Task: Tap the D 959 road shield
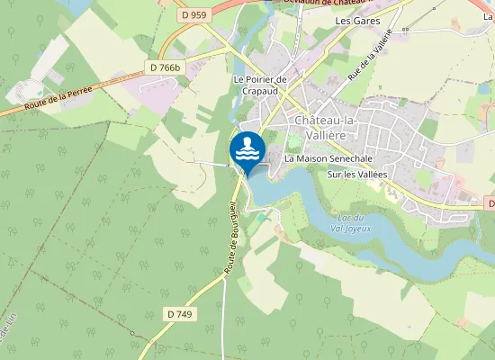tap(193, 14)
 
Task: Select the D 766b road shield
tap(165, 67)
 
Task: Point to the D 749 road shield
tap(181, 313)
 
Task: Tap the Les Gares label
tap(357, 20)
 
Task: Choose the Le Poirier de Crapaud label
tap(259, 85)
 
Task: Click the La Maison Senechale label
tap(328, 158)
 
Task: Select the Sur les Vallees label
tap(356, 174)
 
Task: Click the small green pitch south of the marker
tap(261, 217)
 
